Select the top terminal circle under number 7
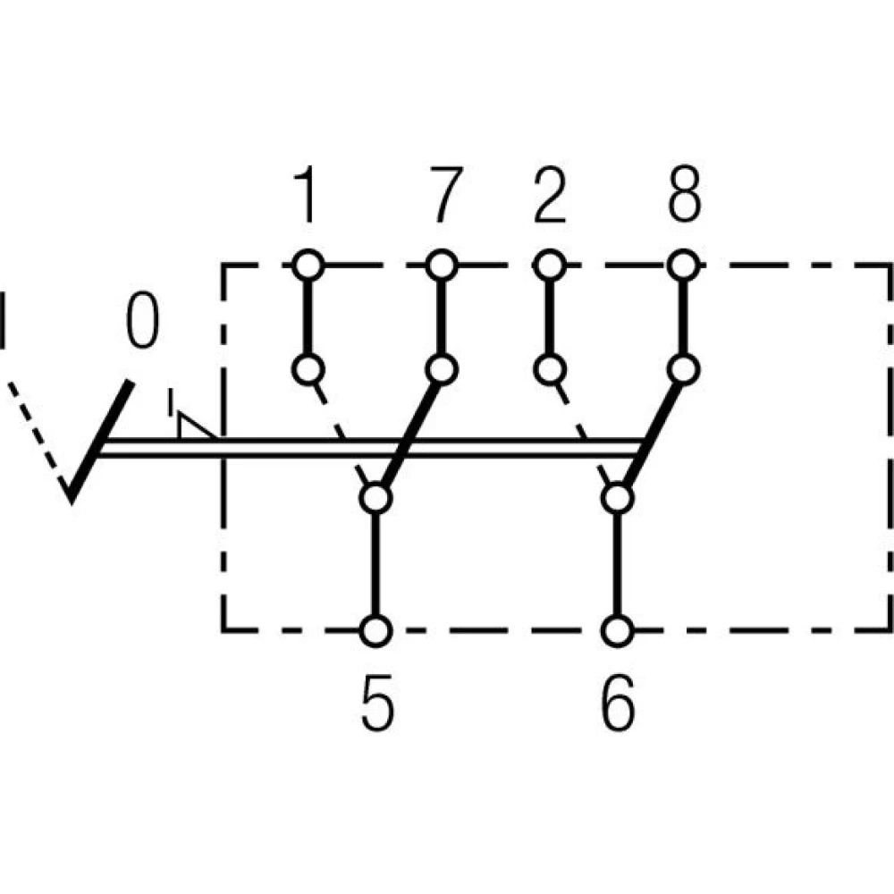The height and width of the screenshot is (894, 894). (442, 265)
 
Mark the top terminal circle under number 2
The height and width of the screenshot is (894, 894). (550, 265)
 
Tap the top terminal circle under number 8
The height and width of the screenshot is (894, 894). (684, 265)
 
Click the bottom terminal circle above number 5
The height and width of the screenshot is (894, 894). (376, 630)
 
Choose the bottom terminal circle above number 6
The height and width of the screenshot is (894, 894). (616, 630)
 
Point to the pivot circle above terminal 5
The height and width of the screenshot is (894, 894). (376, 497)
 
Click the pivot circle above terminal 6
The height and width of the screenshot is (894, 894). (616, 497)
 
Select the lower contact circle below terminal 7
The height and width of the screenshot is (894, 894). (442, 368)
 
